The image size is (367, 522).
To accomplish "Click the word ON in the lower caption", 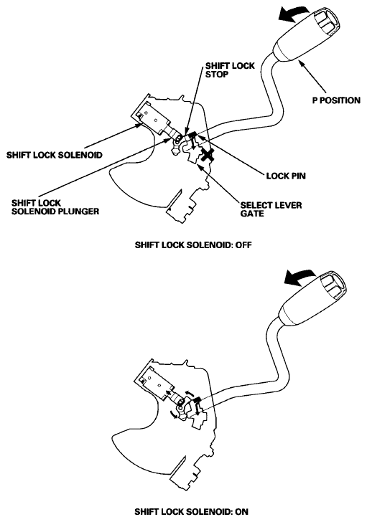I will pyautogui.click(x=240, y=511).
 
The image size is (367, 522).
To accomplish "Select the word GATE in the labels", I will pyautogui.click(x=253, y=214).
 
